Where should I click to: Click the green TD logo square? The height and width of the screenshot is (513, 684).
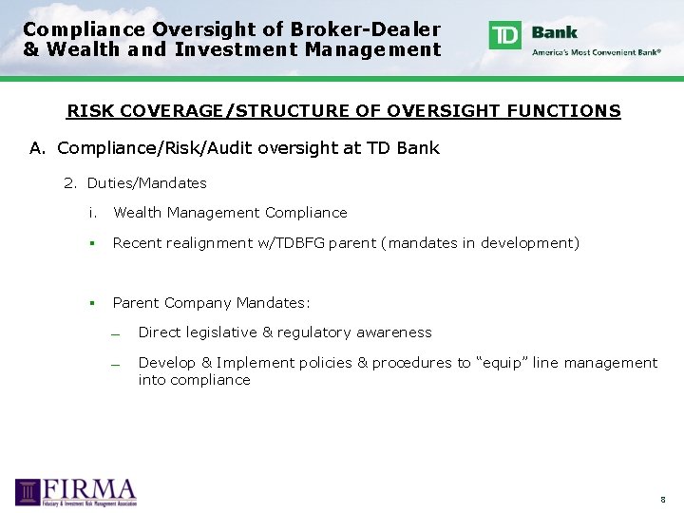coord(504,35)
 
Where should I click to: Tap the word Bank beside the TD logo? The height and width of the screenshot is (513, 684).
coord(555,31)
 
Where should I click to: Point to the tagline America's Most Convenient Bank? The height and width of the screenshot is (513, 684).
coord(597,52)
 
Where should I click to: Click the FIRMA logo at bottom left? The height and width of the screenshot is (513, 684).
coord(76,491)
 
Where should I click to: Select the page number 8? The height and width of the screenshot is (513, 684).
coord(663,499)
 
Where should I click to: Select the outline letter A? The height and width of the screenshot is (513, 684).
coord(38,147)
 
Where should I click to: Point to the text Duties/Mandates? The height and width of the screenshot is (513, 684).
coord(146,182)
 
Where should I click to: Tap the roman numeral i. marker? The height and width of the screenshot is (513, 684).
coord(92,213)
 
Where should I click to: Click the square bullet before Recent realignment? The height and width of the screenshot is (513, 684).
coord(93,243)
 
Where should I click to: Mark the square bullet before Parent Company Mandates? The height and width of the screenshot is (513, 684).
coord(93,303)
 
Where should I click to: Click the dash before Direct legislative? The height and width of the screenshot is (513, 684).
coord(113,333)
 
